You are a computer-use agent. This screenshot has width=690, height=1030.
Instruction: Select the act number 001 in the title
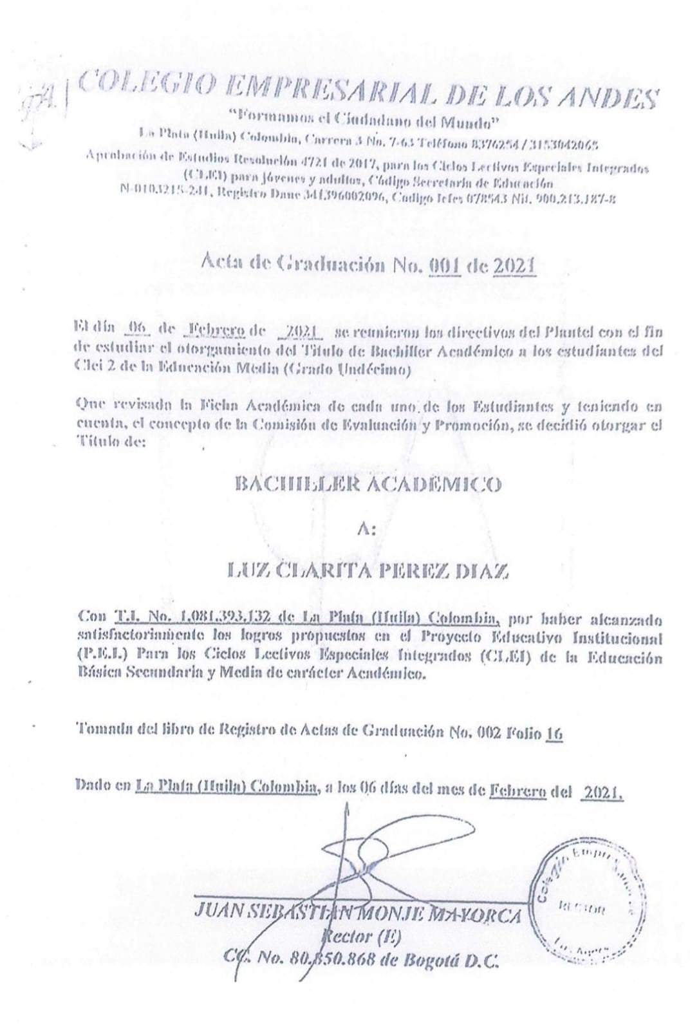445,265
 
